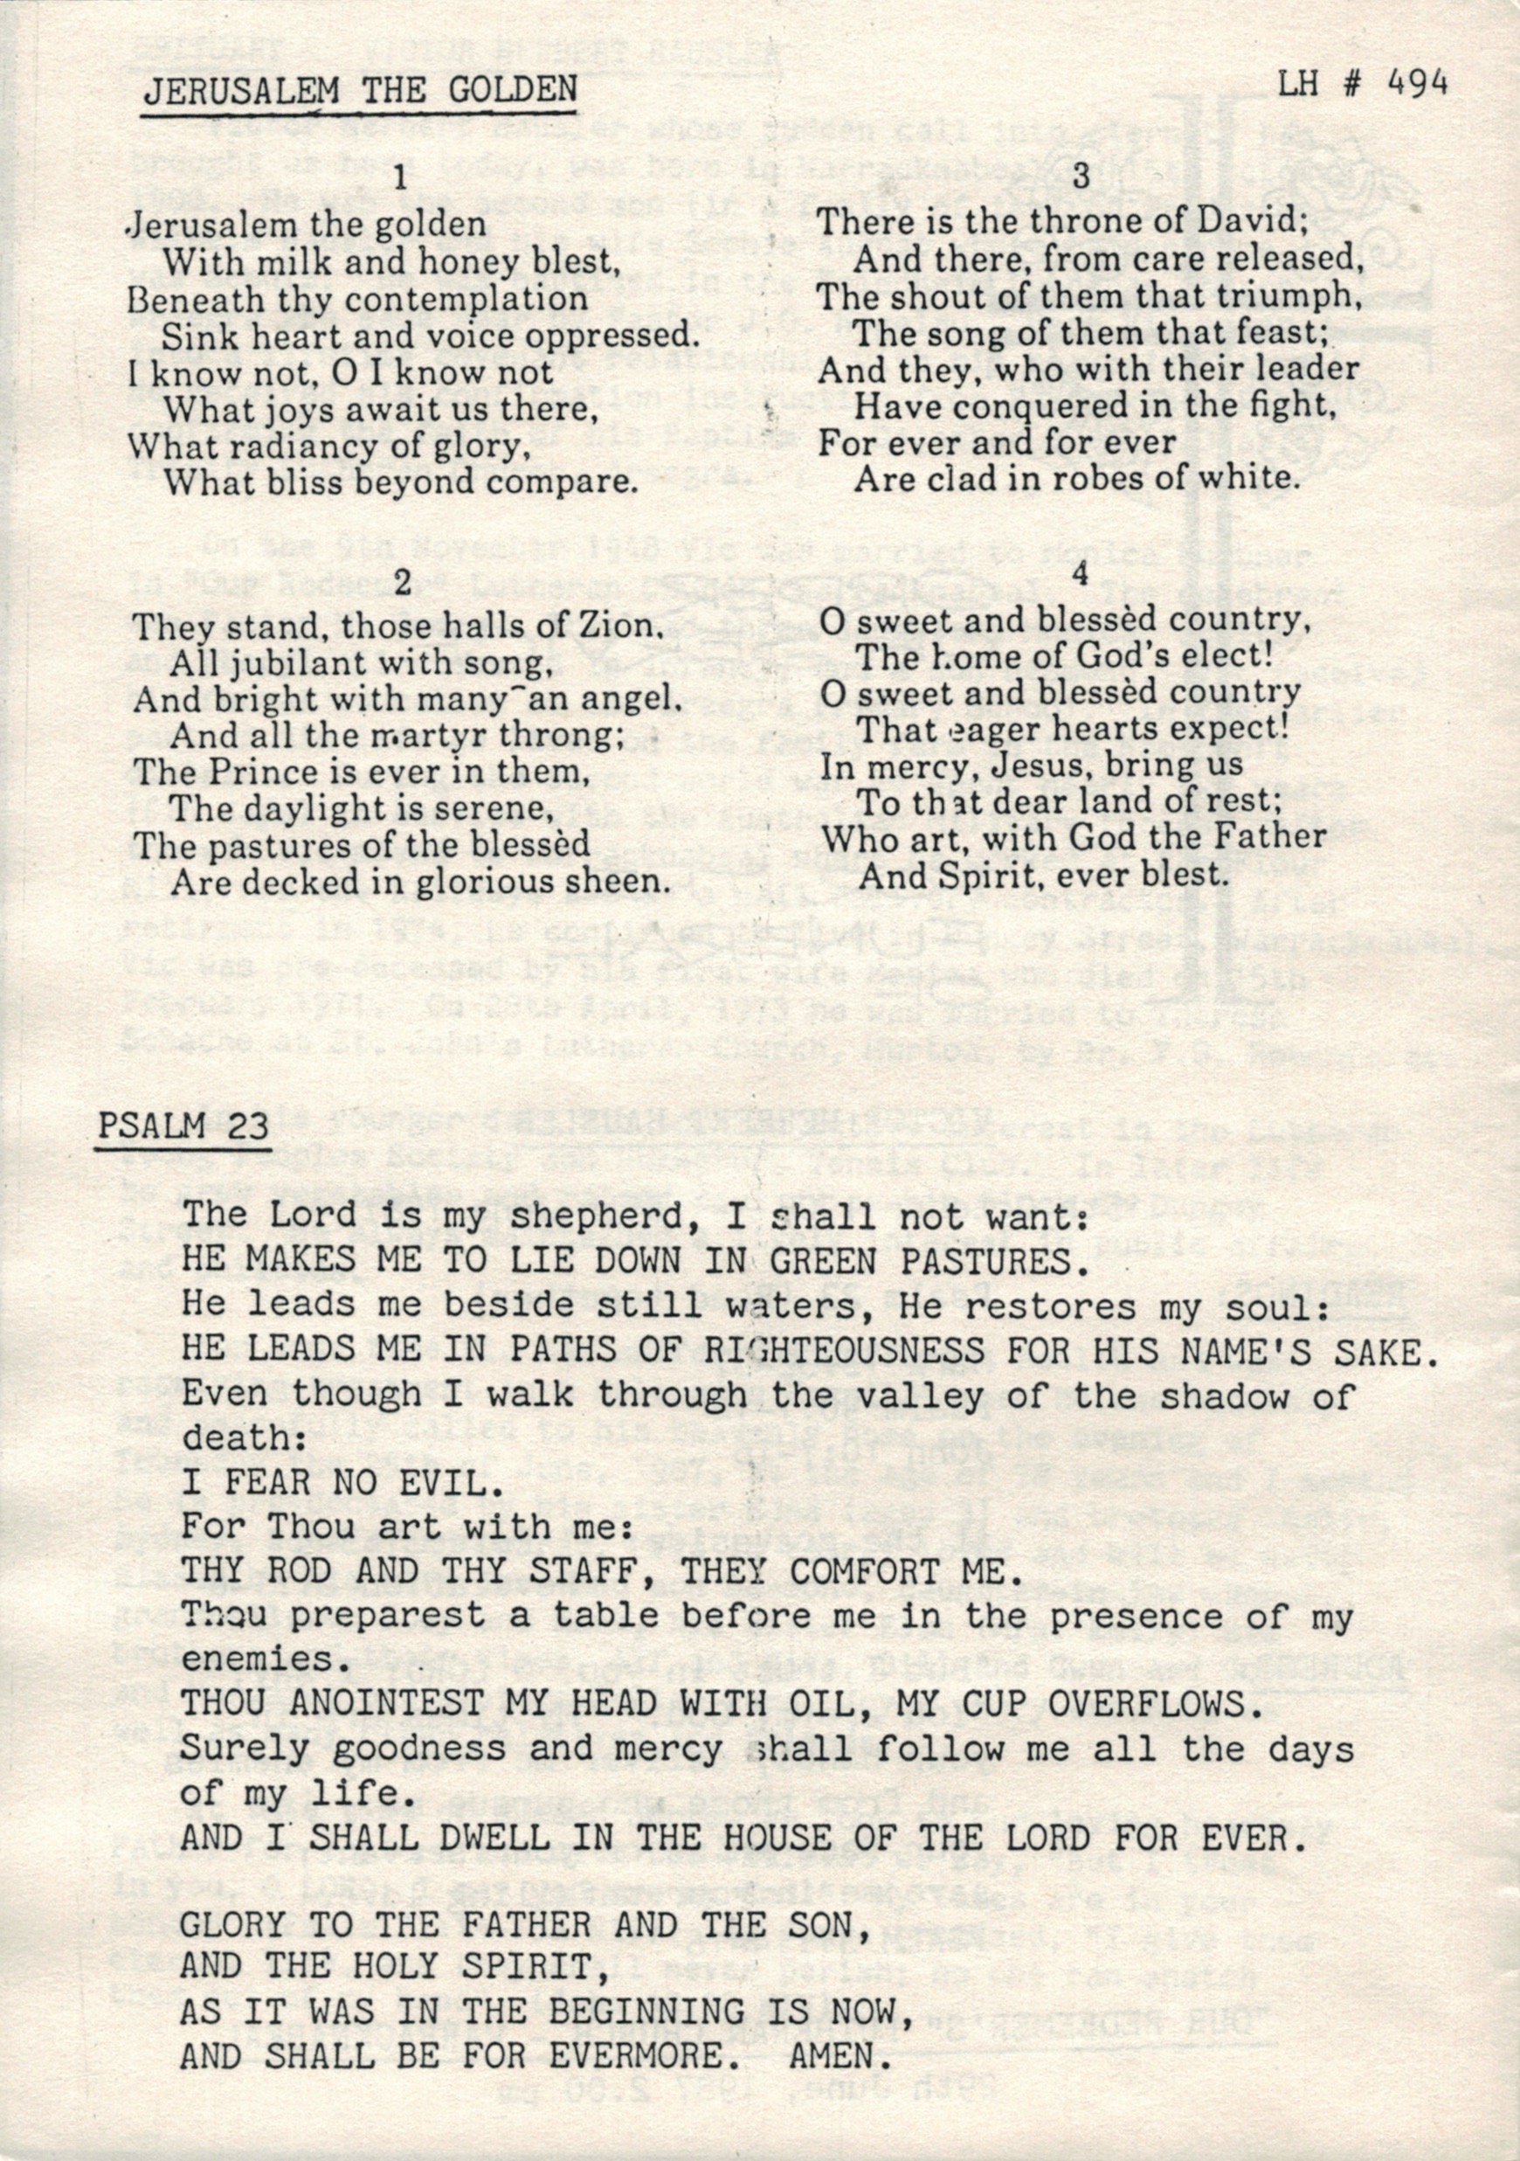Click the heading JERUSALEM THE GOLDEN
point(360,89)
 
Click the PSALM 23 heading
point(182,1126)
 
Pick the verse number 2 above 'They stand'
point(402,584)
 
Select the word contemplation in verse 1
point(466,298)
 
